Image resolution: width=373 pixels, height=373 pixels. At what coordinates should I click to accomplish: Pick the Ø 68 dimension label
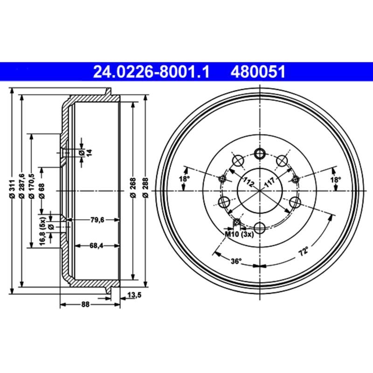42,190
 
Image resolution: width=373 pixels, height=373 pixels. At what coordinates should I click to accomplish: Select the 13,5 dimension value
134,294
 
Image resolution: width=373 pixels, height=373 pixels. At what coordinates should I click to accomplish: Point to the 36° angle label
236,262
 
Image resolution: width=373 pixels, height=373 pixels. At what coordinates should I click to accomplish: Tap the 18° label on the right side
335,179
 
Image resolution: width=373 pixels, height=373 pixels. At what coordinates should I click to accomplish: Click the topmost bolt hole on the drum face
259,153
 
